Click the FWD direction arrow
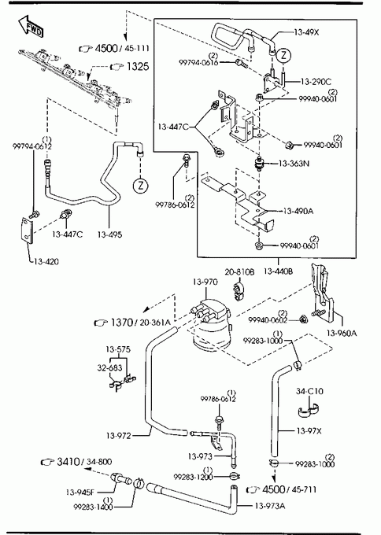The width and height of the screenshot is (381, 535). pos(31,26)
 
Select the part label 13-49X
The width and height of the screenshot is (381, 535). pos(306,32)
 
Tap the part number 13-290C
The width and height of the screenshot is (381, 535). pos(316,82)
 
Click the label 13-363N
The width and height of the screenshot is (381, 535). pos(294,164)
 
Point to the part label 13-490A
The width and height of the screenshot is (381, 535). pos(298,211)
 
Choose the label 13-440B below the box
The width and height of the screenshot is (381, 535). pos(278,271)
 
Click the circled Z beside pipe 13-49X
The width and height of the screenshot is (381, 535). pos(283,55)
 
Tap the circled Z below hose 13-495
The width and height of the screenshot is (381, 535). pos(140,186)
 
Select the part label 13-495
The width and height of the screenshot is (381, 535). pos(109,234)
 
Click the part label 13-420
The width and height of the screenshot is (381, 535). pos(46,262)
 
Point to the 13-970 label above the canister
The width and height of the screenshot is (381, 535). pos(205,282)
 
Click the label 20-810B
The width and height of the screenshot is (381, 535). pos(239,272)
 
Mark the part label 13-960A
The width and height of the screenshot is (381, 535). pos(342,333)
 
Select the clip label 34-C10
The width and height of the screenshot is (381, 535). pos(309,391)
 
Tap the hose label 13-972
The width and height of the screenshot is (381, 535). pos(118,436)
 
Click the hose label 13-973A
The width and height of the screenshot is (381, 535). pos(270,506)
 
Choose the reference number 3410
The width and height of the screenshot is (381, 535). pos(68,462)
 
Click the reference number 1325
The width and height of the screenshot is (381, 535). pos(138,66)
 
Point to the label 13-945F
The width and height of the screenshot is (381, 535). pos(80,493)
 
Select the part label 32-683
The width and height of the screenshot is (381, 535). pos(109,368)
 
